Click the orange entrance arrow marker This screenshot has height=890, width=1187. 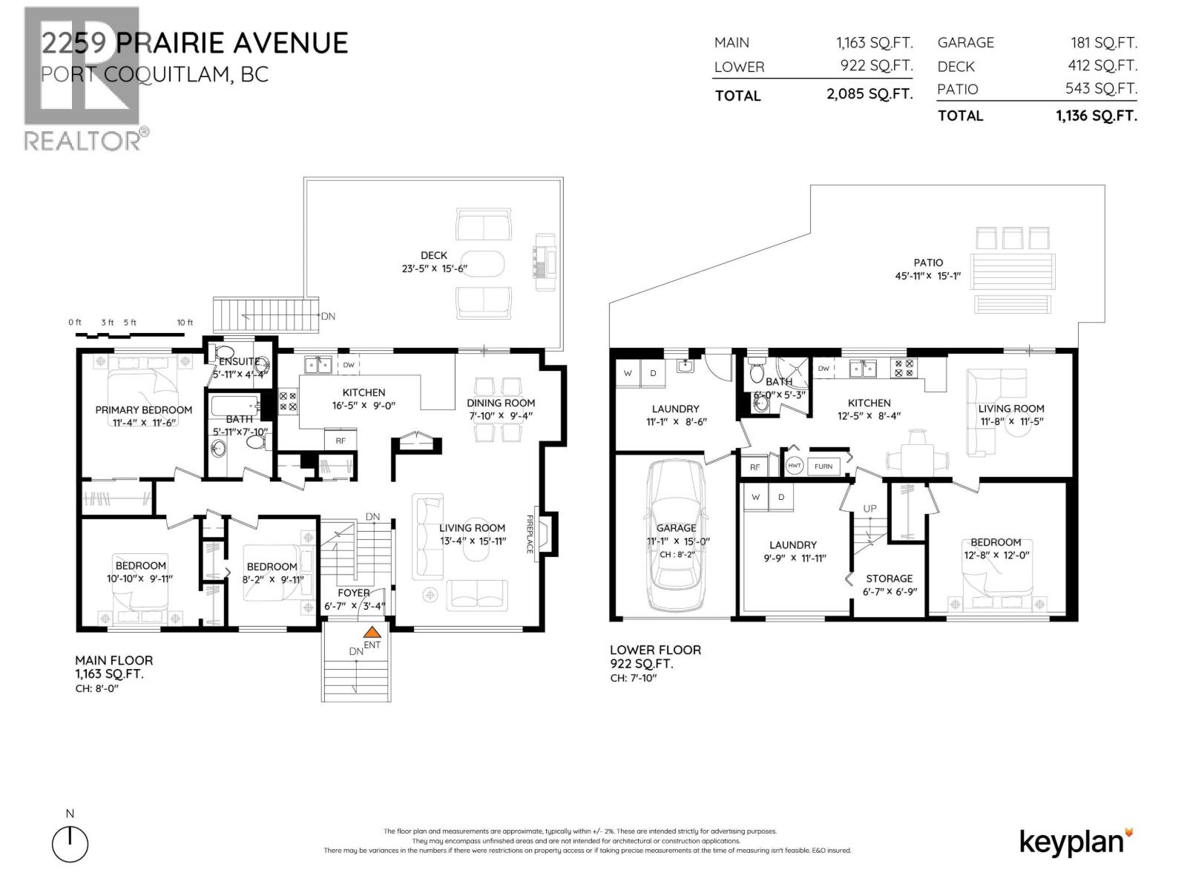coord(372,633)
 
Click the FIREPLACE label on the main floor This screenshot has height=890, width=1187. coord(530,534)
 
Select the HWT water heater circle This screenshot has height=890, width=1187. coord(794,466)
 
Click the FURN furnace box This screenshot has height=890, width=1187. coord(823,466)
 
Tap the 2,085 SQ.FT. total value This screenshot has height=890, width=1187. coord(869,95)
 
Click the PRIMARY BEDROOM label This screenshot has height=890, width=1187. coord(143,409)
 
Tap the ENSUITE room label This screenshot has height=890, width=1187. coord(239,361)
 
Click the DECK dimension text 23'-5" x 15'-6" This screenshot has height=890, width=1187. coord(434,268)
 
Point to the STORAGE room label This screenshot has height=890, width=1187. coord(889,578)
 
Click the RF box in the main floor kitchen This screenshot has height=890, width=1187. coord(341,441)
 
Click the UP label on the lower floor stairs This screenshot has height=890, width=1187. coord(869,508)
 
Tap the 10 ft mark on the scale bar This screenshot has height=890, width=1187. coord(184,323)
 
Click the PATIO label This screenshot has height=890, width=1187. coord(928,263)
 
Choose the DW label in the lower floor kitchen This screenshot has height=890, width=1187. coord(823,368)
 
